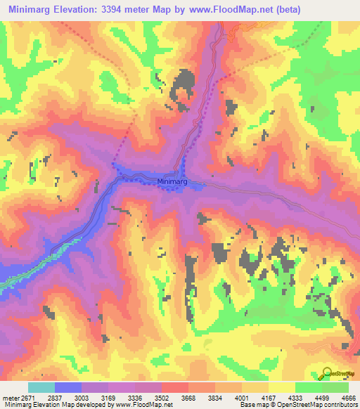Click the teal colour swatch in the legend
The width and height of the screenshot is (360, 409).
[41, 387]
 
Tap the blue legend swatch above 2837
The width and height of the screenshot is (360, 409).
[67, 387]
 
